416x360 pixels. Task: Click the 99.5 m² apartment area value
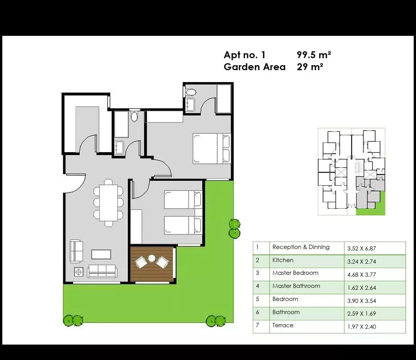(314, 55)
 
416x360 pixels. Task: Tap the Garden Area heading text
(255, 67)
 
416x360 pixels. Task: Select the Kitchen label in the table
(283, 260)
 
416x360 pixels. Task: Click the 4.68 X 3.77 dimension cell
(362, 275)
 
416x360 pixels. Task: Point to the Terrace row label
(283, 325)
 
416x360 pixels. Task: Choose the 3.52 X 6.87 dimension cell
(362, 249)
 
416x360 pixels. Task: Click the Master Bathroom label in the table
(296, 286)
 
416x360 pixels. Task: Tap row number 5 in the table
(257, 299)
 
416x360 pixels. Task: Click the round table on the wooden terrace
(151, 258)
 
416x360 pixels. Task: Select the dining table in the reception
(109, 203)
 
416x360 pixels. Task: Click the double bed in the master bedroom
(211, 148)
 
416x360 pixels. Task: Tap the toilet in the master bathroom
(191, 93)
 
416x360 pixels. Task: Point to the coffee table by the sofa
(101, 254)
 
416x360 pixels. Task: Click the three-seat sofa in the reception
(102, 271)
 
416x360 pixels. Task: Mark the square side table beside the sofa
(79, 272)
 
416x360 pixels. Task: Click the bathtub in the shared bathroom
(121, 124)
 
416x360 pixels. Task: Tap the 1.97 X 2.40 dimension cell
(362, 327)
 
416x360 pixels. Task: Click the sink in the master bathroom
(190, 104)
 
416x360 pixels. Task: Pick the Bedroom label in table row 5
(285, 299)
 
